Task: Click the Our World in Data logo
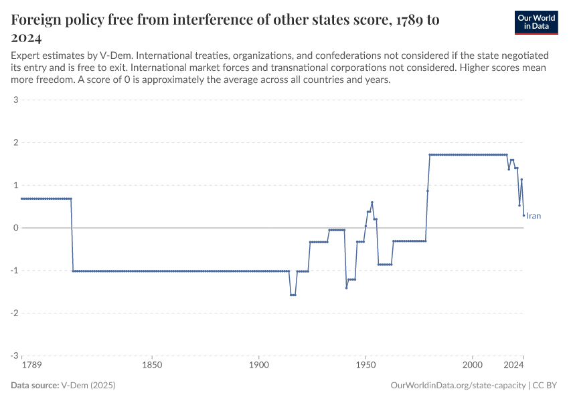(x=536, y=22)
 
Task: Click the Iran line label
(x=534, y=216)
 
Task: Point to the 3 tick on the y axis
(x=15, y=100)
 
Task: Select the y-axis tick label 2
(x=15, y=143)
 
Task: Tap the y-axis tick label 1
(x=15, y=185)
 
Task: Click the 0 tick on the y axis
(x=15, y=228)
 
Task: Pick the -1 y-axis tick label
(x=13, y=271)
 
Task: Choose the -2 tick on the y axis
(x=13, y=313)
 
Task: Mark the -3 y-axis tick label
(x=13, y=356)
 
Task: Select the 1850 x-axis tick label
(x=153, y=366)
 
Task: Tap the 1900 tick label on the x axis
(x=259, y=366)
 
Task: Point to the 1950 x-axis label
(x=365, y=366)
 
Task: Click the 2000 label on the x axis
(x=473, y=366)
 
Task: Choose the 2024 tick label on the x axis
(x=513, y=366)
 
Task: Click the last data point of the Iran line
(x=523, y=215)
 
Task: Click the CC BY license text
(x=546, y=386)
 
